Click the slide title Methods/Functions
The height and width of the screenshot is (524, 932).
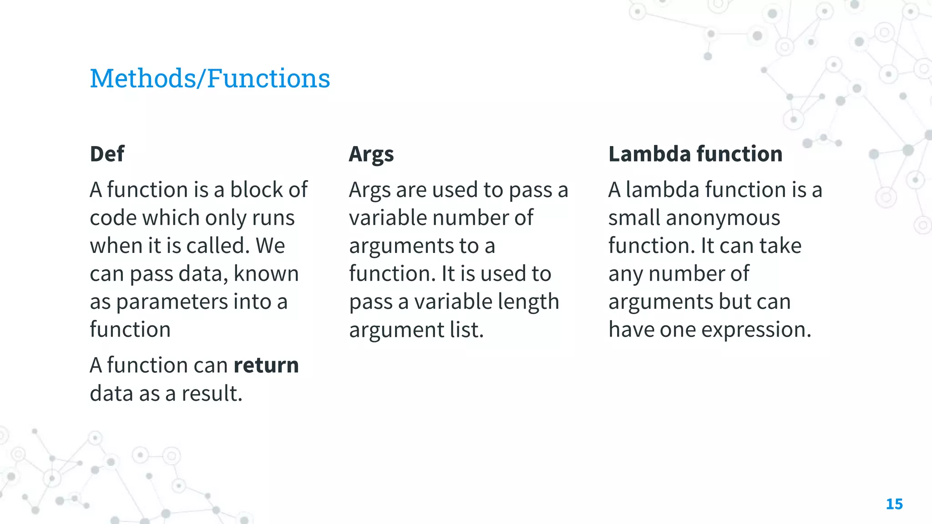click(x=210, y=78)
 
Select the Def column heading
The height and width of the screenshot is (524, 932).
click(x=107, y=154)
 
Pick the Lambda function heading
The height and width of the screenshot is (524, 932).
click(x=695, y=154)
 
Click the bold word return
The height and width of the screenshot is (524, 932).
click(x=266, y=365)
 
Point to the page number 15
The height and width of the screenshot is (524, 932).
click(x=894, y=504)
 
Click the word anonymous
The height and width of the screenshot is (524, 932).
click(x=723, y=218)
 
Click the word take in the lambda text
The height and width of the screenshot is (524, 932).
click(x=780, y=246)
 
